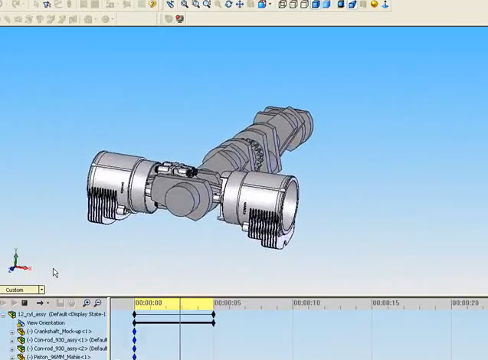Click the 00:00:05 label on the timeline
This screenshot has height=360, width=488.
click(228, 303)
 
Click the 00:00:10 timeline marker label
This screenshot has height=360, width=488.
click(306, 303)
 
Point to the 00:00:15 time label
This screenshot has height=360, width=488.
click(386, 303)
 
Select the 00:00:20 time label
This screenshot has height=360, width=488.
click(465, 303)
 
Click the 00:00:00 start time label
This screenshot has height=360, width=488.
click(149, 303)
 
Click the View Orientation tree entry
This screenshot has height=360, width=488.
click(46, 323)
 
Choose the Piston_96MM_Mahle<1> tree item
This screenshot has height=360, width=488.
click(59, 357)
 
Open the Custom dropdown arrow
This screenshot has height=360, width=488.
click(41, 290)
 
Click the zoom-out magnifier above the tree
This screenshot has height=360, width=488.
click(97, 303)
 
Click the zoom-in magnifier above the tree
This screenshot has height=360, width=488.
click(87, 303)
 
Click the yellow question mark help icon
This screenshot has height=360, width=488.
click(152, 5)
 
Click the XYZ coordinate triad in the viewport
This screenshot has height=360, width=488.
click(18, 263)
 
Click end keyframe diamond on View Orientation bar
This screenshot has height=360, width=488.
click(214, 323)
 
